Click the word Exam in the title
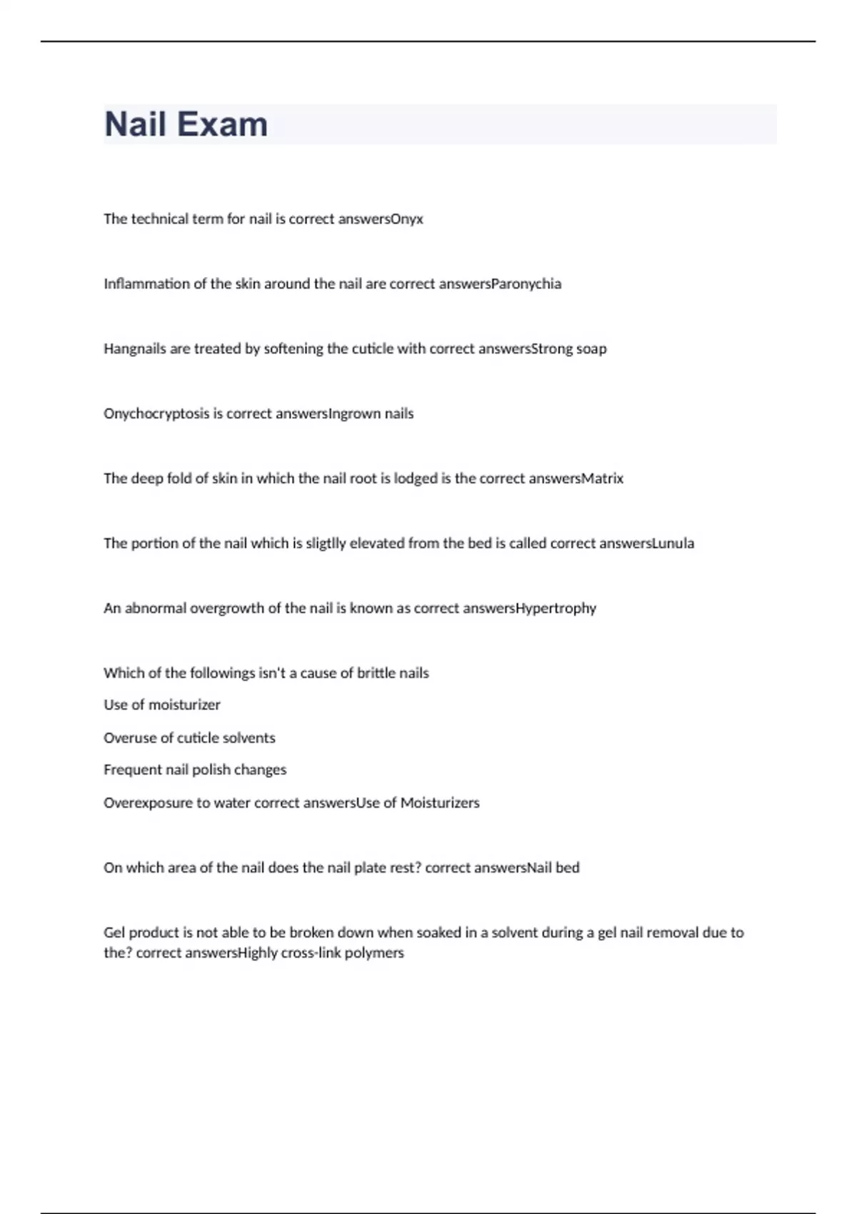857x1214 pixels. pyautogui.click(x=222, y=124)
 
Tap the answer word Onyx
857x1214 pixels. pyautogui.click(x=407, y=219)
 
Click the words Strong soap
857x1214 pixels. pyautogui.click(x=569, y=349)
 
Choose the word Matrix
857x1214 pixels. pyautogui.click(x=603, y=478)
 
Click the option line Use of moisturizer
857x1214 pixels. pyautogui.click(x=162, y=705)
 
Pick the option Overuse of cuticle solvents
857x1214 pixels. pyautogui.click(x=189, y=738)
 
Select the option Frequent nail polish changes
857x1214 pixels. pyautogui.click(x=195, y=770)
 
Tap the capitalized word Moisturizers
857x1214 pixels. pyautogui.click(x=440, y=803)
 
